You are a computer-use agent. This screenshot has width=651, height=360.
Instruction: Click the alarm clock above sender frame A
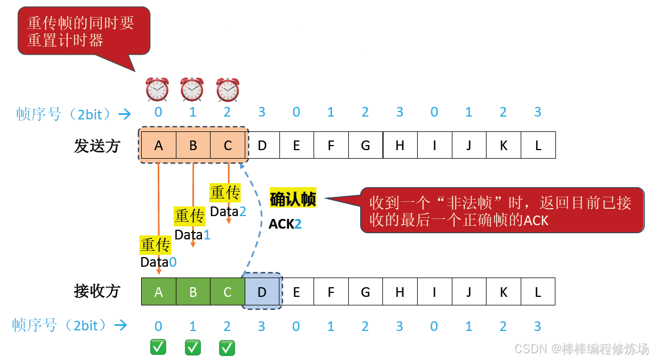coord(158,89)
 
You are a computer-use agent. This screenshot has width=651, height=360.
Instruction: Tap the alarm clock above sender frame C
coord(228,89)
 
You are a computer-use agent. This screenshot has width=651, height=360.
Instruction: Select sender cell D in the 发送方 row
coord(262,145)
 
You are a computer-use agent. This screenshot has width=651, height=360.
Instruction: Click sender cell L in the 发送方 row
coord(538,145)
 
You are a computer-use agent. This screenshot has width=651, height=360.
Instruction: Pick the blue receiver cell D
coord(262,292)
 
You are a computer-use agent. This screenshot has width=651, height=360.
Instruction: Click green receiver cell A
coord(158,292)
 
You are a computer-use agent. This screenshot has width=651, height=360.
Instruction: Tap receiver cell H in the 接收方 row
coord(399,292)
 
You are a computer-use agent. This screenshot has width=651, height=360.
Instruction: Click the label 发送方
coord(97,146)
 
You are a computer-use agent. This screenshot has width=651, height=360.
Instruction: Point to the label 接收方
coord(97,291)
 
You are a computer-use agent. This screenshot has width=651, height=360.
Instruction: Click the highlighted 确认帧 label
coord(292,199)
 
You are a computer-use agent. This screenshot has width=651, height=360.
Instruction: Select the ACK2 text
coord(285,224)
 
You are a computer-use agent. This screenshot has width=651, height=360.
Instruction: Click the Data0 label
coord(158,262)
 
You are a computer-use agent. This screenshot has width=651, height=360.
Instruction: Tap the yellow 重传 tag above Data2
coord(225,193)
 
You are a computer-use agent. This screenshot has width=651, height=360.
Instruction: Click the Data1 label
coord(192,234)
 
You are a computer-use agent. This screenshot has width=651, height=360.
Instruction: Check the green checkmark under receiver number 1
coord(193,347)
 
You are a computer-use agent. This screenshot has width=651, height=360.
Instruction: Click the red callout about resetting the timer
coord(84,31)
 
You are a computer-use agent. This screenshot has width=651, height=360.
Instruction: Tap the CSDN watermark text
coord(580,348)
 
